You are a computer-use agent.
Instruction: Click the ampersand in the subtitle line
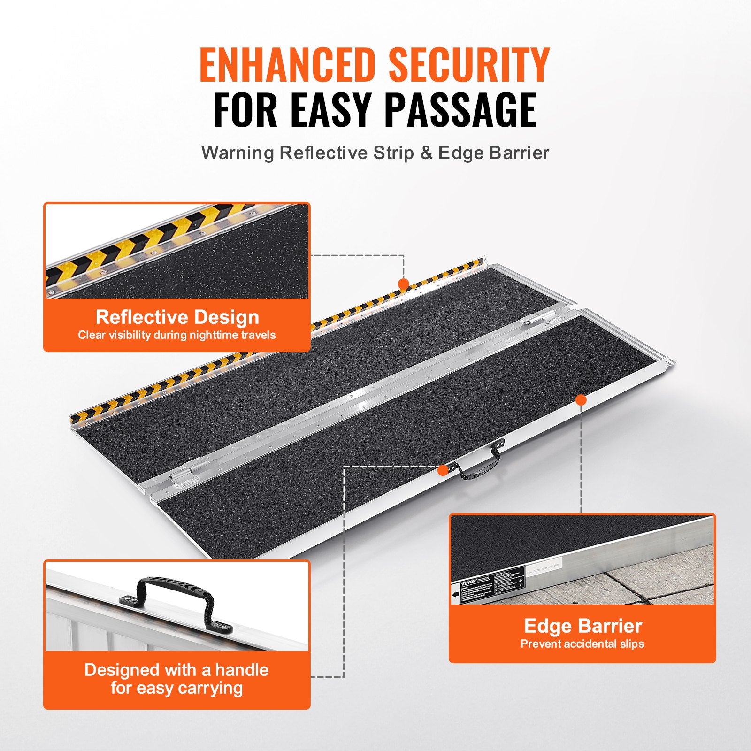tap(426, 153)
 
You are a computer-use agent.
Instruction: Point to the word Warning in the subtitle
tap(238, 153)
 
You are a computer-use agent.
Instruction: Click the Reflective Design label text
tap(177, 317)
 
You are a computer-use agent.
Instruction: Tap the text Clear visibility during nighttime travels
tap(177, 335)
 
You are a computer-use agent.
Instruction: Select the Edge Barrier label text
tap(583, 626)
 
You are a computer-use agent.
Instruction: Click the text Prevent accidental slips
tap(582, 644)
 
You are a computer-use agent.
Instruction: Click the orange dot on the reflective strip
tap(403, 284)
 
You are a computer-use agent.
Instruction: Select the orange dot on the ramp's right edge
tap(581, 400)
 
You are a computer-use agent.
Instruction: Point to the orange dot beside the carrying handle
tap(443, 470)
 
